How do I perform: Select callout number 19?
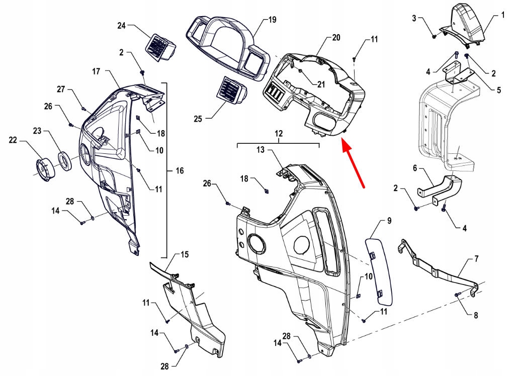click(272, 20)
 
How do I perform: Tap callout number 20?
click(336, 38)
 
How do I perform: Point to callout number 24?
click(122, 25)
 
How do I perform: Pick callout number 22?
click(13, 140)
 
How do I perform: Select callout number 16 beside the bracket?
click(180, 171)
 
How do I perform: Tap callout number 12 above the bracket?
click(279, 134)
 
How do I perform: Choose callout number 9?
click(389, 221)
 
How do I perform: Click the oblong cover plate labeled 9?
click(380, 271)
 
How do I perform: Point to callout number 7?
click(476, 259)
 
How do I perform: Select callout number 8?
click(475, 315)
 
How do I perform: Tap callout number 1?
click(502, 16)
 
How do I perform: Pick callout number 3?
click(414, 19)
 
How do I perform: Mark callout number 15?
click(185, 255)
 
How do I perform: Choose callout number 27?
click(61, 89)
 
